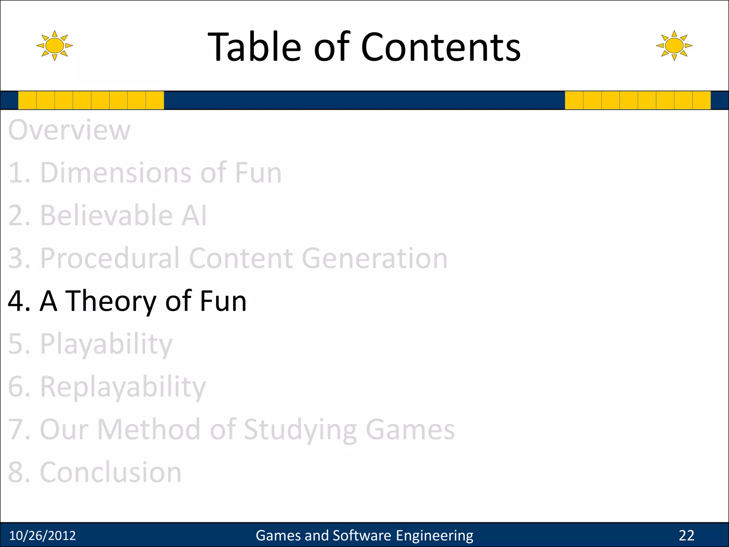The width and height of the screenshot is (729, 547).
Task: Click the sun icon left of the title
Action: (x=54, y=46)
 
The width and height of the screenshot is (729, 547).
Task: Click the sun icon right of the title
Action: (x=674, y=46)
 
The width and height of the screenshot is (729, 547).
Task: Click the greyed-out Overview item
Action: (x=69, y=130)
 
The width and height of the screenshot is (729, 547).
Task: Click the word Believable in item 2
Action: (x=106, y=216)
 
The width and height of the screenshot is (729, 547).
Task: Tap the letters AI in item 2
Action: (x=194, y=216)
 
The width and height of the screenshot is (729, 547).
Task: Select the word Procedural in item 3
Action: (x=110, y=259)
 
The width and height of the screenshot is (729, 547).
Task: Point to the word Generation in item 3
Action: (x=374, y=259)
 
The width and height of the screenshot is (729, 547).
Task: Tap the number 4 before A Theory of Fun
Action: (x=16, y=301)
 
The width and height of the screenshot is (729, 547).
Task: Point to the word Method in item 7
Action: (x=149, y=429)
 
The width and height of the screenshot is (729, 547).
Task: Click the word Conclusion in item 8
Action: (x=110, y=473)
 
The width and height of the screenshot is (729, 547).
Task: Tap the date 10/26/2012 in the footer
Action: (x=42, y=536)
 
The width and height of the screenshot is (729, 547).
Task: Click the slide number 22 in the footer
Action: (x=686, y=536)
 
